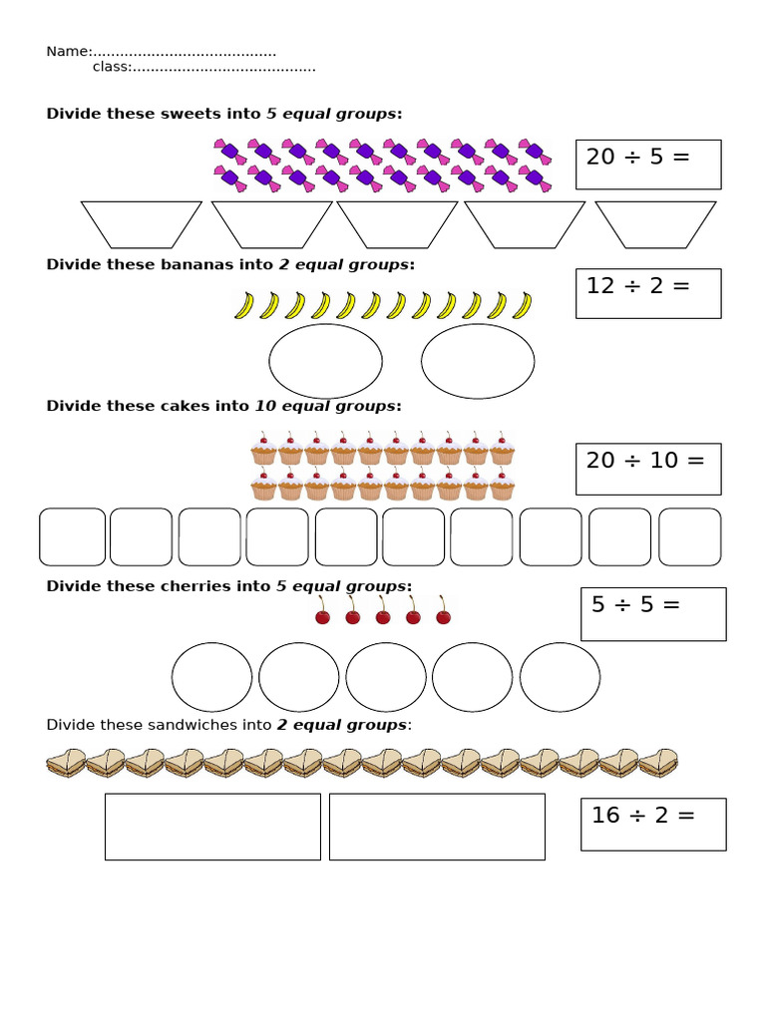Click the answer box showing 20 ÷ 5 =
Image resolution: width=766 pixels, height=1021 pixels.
tap(648, 165)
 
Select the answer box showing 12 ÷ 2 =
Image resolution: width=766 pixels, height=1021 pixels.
tap(648, 293)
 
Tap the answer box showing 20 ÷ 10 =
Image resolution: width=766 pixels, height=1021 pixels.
tap(648, 469)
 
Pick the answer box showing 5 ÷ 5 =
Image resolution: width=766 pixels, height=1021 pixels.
tap(653, 614)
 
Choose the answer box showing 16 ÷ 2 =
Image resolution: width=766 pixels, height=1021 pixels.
tap(653, 824)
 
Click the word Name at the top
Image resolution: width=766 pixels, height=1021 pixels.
tap(67, 52)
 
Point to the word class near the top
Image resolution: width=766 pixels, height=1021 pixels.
tap(110, 67)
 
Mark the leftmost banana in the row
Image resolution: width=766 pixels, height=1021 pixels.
tap(243, 305)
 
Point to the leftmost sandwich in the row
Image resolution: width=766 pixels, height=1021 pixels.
tap(65, 764)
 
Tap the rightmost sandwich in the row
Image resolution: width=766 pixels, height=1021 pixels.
tap(657, 764)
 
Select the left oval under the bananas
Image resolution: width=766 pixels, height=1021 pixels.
tap(325, 361)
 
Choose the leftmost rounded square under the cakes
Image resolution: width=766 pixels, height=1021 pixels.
tap(72, 536)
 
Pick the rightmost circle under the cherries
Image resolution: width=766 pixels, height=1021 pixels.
tap(560, 677)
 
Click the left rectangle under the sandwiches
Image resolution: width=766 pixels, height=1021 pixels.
tap(212, 827)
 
